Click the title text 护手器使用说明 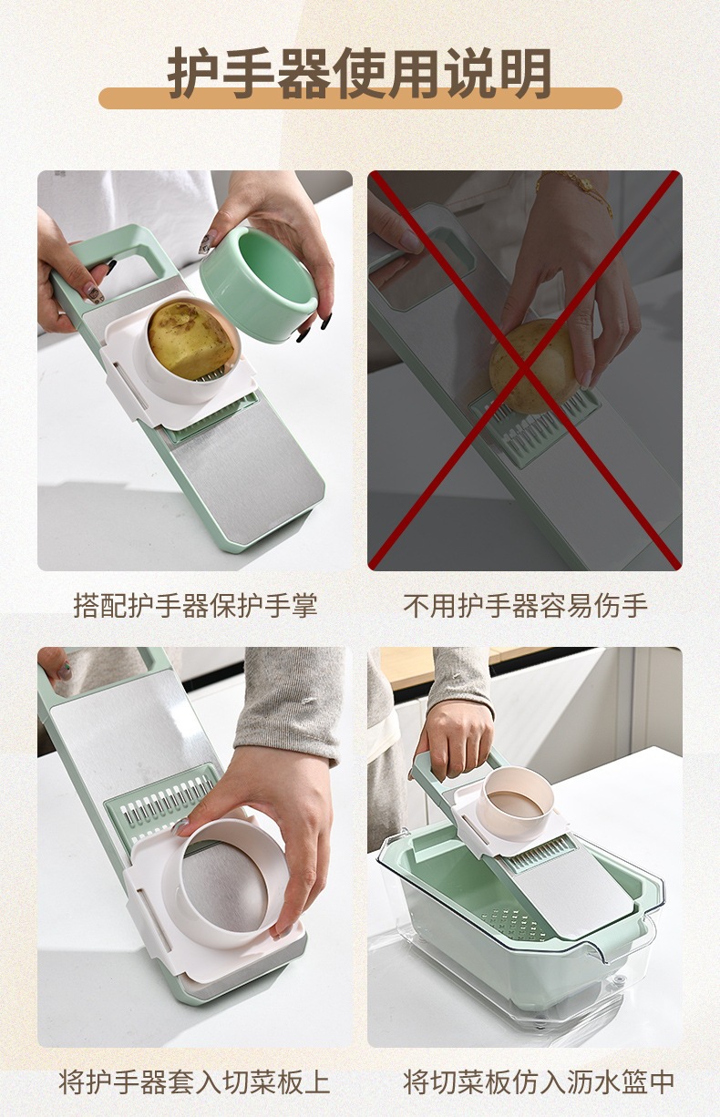[x=359, y=73]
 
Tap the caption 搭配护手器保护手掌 [x=195, y=606]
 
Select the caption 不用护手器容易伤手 [x=525, y=606]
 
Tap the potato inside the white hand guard [x=192, y=338]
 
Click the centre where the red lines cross [x=524, y=369]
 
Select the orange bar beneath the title [x=360, y=97]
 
